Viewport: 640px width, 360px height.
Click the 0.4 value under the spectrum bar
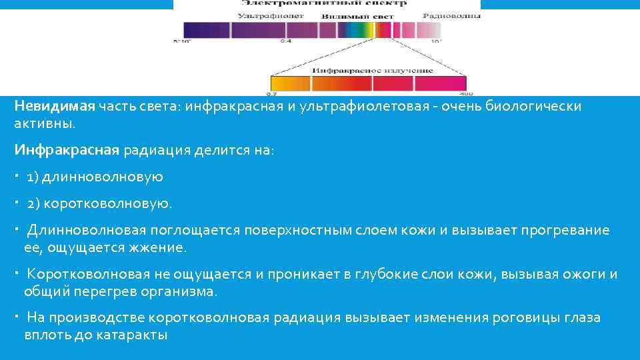(x=286, y=41)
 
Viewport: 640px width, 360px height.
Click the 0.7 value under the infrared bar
(x=271, y=93)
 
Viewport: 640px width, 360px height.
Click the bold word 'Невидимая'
(x=55, y=107)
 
